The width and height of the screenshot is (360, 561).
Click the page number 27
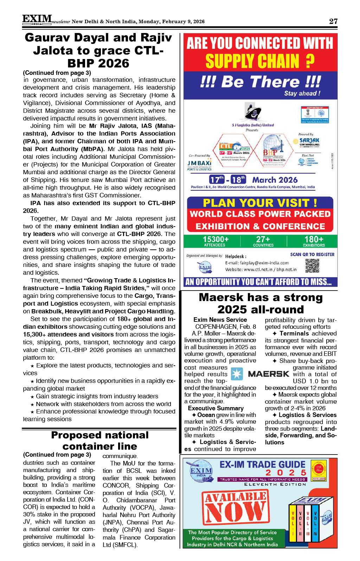pos(333,21)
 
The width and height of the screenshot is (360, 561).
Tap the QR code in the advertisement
pos(312,266)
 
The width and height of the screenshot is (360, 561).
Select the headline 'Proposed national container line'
pos(99,441)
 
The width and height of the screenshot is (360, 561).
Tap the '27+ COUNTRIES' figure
pos(263,241)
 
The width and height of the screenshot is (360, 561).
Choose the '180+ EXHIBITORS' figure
pos(314,241)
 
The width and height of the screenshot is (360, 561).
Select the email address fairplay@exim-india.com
pos(257,263)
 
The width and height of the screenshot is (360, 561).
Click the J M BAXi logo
pos(199,164)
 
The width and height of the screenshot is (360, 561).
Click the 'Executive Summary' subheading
pos(216,408)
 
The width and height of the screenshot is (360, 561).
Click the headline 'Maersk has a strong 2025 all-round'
pos(261,303)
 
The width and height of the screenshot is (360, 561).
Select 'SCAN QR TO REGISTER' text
pos(312,254)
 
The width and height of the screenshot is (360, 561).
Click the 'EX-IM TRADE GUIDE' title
pos(262,464)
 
